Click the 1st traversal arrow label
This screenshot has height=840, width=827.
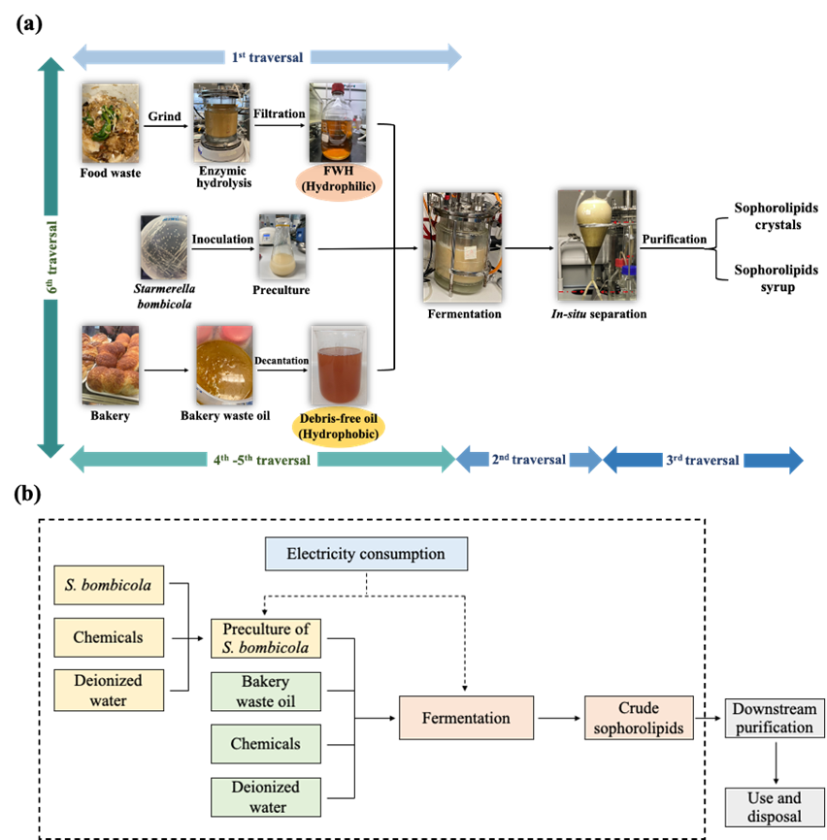point(267,57)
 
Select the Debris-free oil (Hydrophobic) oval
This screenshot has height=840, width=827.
point(338,428)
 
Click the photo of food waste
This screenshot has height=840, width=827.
point(110,122)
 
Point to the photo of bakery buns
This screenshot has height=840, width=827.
point(110,365)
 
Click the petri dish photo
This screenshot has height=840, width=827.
point(163,247)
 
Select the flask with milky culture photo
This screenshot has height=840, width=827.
point(281,247)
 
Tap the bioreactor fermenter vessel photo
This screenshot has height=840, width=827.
point(462,246)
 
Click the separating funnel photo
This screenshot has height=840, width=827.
point(596,244)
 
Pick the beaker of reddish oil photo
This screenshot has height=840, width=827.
point(339,366)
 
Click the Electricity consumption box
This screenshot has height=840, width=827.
point(366,554)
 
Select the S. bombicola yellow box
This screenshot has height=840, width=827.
point(109,586)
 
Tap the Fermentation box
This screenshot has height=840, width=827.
point(466,718)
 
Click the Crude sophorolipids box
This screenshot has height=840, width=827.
point(639,718)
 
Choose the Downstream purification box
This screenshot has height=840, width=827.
point(774,718)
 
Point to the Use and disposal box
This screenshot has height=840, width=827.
point(774,807)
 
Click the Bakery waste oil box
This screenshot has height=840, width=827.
point(266,692)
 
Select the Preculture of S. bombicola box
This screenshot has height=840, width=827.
point(266,638)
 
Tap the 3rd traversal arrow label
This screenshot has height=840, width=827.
point(703,460)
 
